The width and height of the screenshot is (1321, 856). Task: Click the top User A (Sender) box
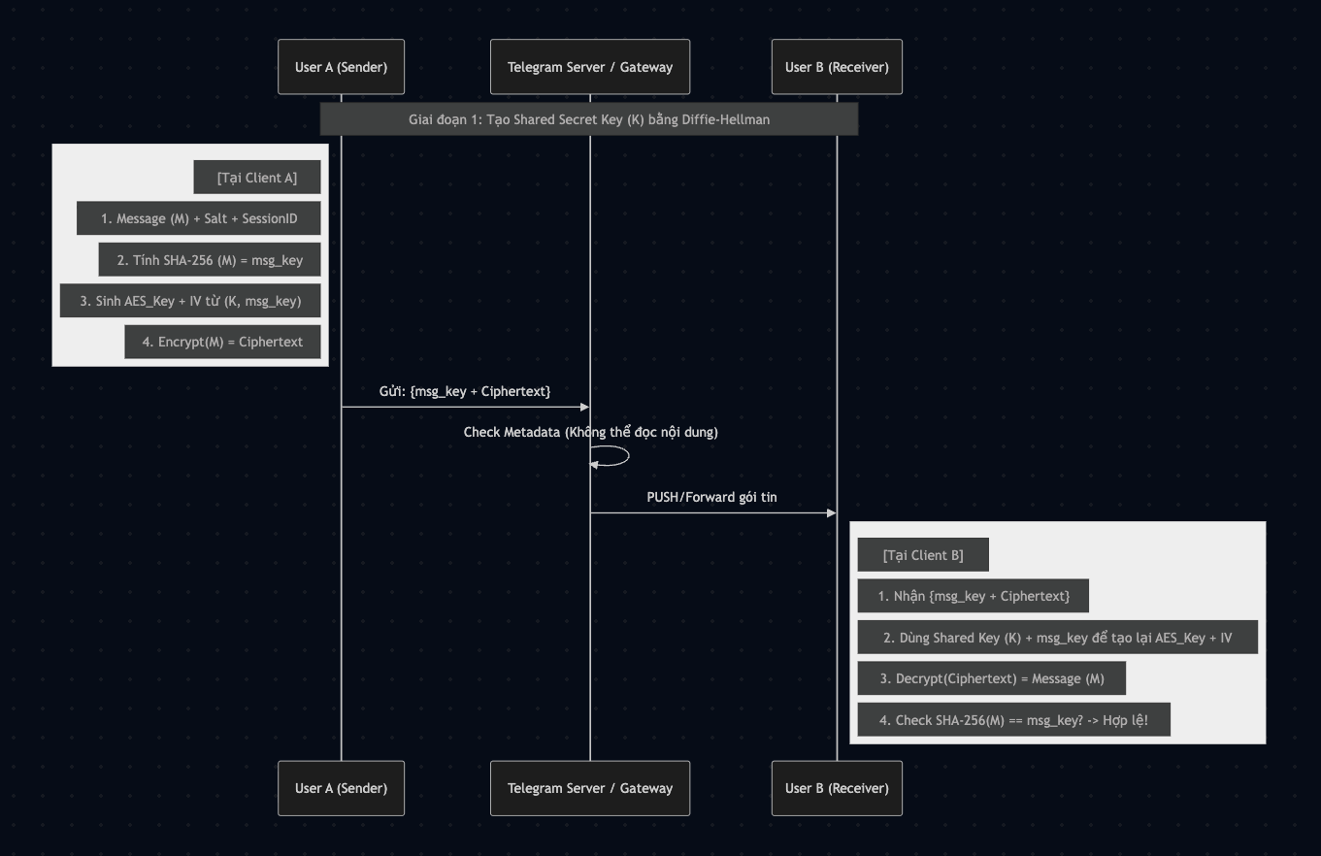coord(341,67)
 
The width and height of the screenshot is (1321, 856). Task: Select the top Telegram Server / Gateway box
coord(589,67)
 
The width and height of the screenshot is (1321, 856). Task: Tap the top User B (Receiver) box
coord(837,67)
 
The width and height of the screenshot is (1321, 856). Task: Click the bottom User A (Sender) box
coord(341,788)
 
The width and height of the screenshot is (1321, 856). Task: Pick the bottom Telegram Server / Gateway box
coord(589,788)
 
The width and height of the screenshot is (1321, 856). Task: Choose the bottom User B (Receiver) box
coord(837,788)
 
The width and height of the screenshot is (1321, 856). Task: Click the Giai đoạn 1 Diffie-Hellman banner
coord(589,119)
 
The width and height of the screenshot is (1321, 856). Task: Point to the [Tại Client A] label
coord(256,178)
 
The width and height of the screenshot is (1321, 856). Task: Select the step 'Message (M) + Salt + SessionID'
coord(199,218)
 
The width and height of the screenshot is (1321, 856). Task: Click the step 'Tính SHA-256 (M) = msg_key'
coord(210,260)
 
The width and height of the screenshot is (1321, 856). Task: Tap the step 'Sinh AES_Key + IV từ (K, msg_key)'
coord(190,301)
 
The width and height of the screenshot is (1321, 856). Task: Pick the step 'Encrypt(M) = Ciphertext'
coord(222,342)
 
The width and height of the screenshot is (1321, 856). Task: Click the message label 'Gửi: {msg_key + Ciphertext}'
coord(464,391)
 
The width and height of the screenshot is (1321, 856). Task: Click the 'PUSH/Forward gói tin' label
coord(711,497)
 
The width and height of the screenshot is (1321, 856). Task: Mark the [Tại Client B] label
coord(923,555)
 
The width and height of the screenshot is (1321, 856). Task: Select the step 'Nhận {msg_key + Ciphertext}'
coord(974,596)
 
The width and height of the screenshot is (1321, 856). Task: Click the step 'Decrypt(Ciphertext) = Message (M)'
coord(992,678)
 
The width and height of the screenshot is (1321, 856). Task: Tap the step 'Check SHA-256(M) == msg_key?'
coord(1013,720)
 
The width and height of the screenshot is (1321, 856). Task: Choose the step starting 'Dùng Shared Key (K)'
coord(1057,638)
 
